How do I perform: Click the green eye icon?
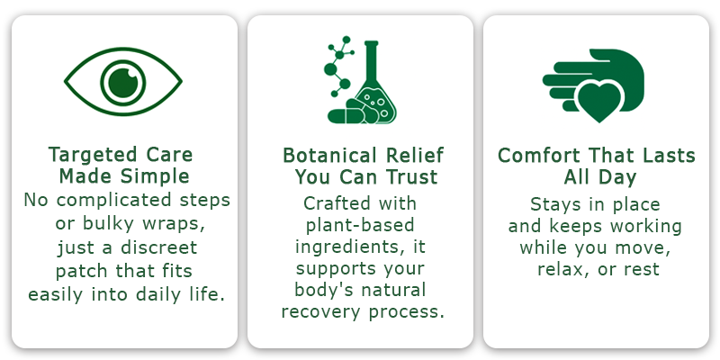[x=123, y=82]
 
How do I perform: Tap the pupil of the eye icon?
[x=123, y=83]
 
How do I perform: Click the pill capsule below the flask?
[x=345, y=116]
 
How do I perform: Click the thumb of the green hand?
[x=606, y=55]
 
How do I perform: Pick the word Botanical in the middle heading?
[x=331, y=155]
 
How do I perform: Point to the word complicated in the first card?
[x=114, y=200]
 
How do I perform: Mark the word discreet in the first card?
[x=158, y=247]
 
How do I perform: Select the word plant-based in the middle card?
[x=360, y=225]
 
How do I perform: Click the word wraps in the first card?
[x=173, y=223]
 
